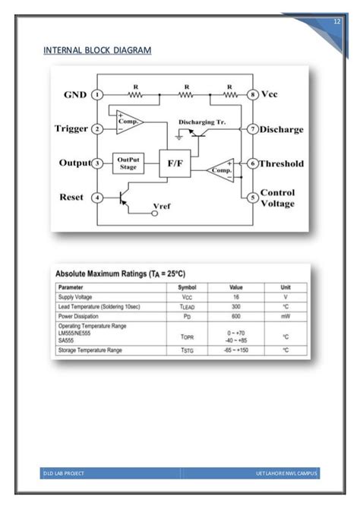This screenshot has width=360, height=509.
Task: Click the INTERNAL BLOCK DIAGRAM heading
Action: [96, 50]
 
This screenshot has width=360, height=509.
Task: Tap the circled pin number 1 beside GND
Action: [96, 95]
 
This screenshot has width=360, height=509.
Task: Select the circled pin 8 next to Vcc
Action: [252, 95]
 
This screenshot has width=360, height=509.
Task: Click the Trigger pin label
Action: [71, 129]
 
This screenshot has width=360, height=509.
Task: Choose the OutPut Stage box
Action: [128, 163]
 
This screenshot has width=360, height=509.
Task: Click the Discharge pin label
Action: [281, 130]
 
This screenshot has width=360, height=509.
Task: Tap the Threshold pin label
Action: [282, 163]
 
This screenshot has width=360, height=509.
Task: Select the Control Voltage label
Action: [277, 198]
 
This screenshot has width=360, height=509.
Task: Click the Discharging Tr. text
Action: [202, 122]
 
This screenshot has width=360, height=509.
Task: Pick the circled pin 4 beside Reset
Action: [96, 198]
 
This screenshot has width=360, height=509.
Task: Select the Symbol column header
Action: [187, 287]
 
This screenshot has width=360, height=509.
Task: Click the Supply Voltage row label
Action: [75, 296]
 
